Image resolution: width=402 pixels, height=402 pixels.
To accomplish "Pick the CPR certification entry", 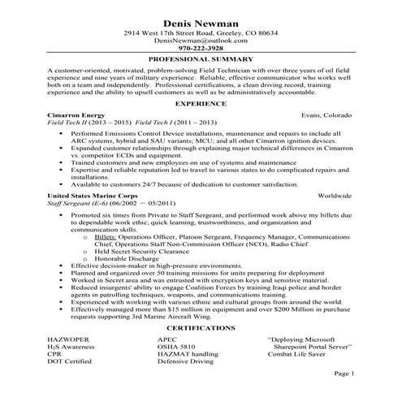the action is (56, 351).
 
